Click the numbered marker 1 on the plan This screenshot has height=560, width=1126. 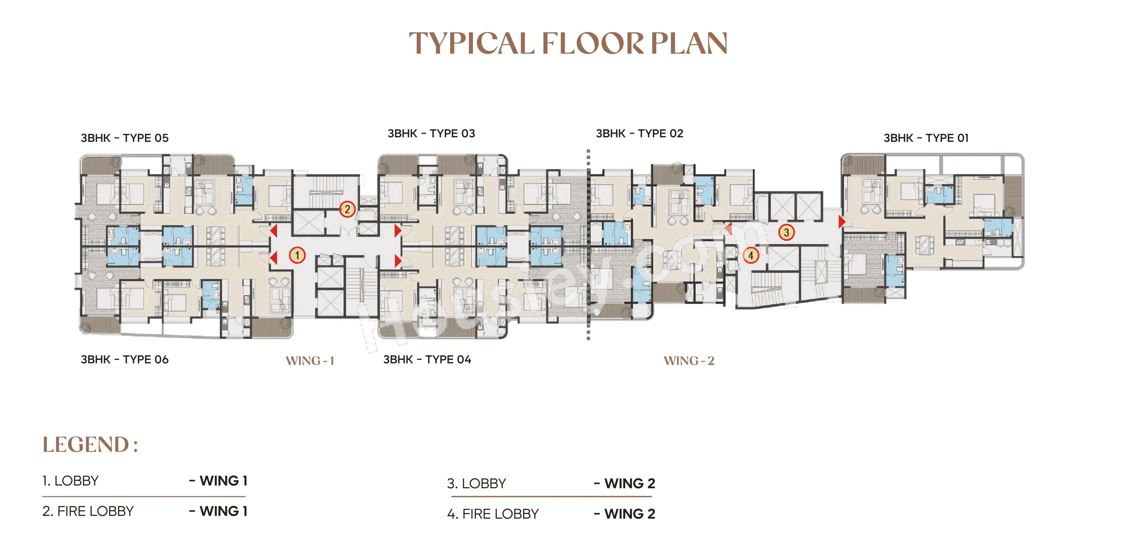[x=297, y=255]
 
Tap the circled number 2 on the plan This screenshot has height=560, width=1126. [x=347, y=209]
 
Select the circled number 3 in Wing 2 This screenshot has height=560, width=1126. [x=786, y=232]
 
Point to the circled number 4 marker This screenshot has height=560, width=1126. [x=751, y=255]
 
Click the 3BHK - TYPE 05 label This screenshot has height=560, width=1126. [x=125, y=138]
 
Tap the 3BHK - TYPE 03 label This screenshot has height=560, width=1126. [x=431, y=133]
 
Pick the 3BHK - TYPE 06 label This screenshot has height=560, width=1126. [x=125, y=359]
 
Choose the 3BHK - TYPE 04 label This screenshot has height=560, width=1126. [x=427, y=359]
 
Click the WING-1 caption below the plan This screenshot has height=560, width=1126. [x=310, y=361]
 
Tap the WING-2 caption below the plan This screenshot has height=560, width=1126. [x=689, y=361]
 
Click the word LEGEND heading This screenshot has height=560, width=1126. [x=86, y=444]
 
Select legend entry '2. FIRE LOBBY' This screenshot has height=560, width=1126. [x=88, y=511]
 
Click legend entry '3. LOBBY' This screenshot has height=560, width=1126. [x=476, y=484]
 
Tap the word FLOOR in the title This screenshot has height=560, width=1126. [x=593, y=43]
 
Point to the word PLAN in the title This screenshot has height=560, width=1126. [x=689, y=43]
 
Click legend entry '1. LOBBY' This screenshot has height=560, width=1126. [x=70, y=481]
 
